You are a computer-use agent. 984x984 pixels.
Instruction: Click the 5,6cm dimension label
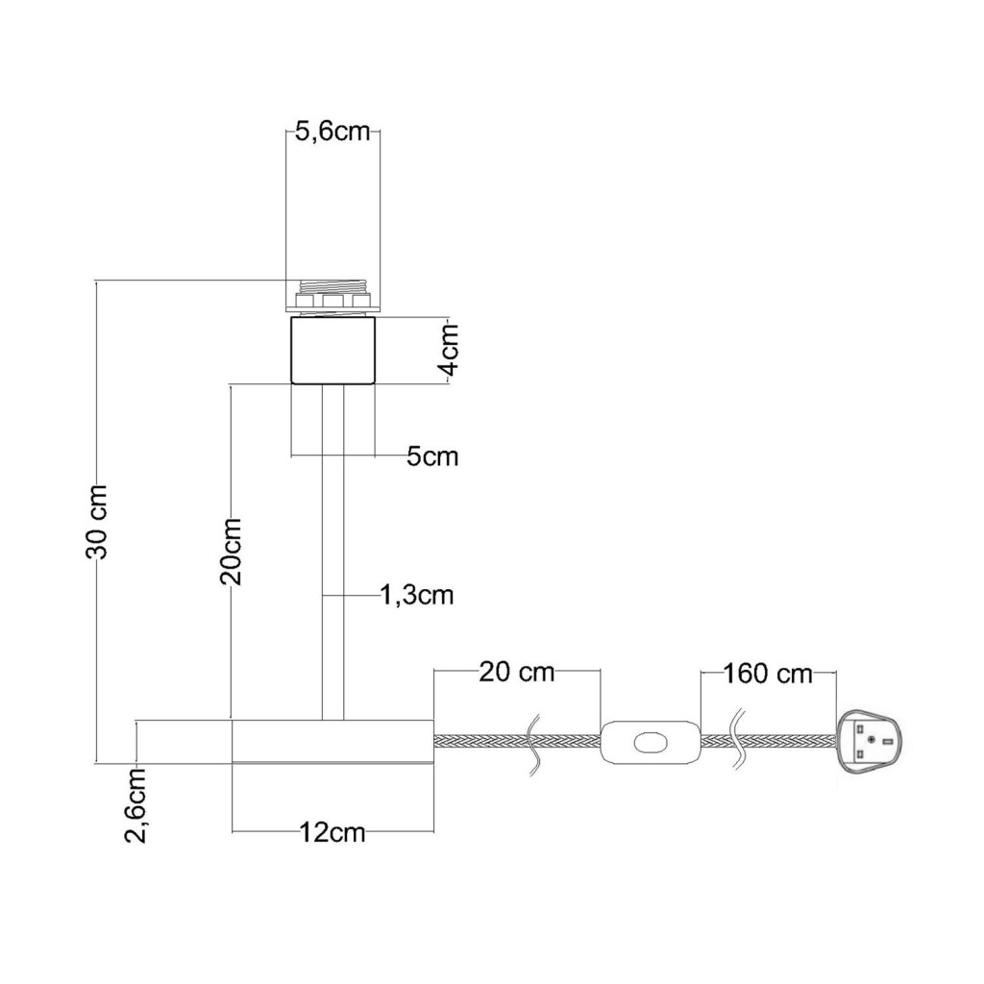click(x=332, y=133)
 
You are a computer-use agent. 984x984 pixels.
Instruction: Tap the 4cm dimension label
click(x=450, y=349)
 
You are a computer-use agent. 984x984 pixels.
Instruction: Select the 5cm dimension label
click(x=432, y=456)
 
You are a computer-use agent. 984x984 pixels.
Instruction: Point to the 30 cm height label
click(x=97, y=521)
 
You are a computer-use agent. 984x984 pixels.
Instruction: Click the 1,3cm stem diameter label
click(x=417, y=594)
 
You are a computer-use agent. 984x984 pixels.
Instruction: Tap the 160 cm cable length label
click(x=768, y=674)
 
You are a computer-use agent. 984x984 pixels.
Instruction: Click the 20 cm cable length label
click(x=517, y=672)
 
